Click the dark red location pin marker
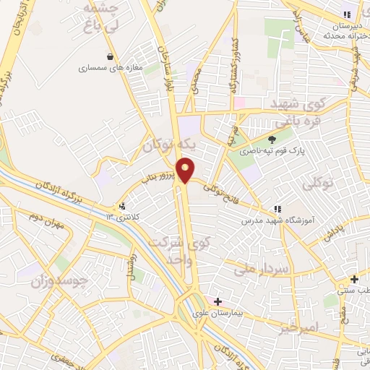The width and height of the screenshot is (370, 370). point(186,170)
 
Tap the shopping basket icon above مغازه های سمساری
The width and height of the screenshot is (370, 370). point(110,56)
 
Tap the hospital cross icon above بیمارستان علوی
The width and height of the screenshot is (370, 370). point(218,301)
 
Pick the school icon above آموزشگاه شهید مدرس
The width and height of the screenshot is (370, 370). point(278,207)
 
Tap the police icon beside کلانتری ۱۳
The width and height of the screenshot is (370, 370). point(121,205)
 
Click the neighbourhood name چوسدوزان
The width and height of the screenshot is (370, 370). point(59,280)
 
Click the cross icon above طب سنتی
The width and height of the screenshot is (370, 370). point(353,280)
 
